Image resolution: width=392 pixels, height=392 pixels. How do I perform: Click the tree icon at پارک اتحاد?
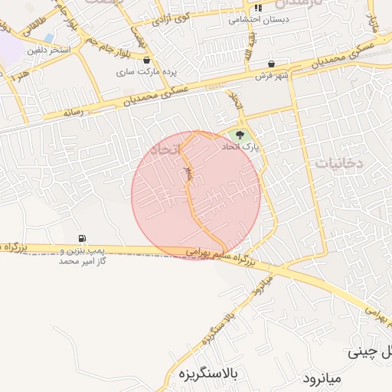240,135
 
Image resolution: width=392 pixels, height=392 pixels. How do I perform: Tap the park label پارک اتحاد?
241,145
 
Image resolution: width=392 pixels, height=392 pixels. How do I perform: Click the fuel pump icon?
82,239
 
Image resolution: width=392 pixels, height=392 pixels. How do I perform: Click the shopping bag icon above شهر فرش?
273,64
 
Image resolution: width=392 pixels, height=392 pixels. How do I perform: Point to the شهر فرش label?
273,75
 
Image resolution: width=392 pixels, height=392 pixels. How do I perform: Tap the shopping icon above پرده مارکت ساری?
146,60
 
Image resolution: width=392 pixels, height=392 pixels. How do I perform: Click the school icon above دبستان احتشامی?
258,8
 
